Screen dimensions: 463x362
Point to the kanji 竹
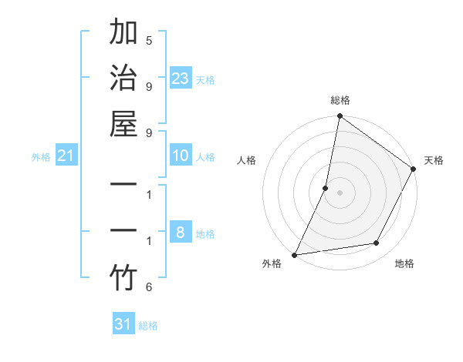123,277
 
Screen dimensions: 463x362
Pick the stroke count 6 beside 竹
148,287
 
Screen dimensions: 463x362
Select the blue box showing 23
181,78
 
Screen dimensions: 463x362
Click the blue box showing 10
181,156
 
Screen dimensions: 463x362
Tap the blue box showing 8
181,233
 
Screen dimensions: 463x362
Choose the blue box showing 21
66,156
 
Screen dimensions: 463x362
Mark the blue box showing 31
123,324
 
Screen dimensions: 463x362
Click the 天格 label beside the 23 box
205,79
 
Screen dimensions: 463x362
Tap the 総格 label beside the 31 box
149,326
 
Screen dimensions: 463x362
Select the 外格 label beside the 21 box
41,157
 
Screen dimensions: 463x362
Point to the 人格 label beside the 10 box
205,157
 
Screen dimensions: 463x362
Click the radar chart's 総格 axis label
340,100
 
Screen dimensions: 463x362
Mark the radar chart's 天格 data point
414,169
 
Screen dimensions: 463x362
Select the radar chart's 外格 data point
295,255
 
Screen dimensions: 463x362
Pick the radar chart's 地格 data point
377,243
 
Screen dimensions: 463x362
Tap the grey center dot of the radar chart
340,193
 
